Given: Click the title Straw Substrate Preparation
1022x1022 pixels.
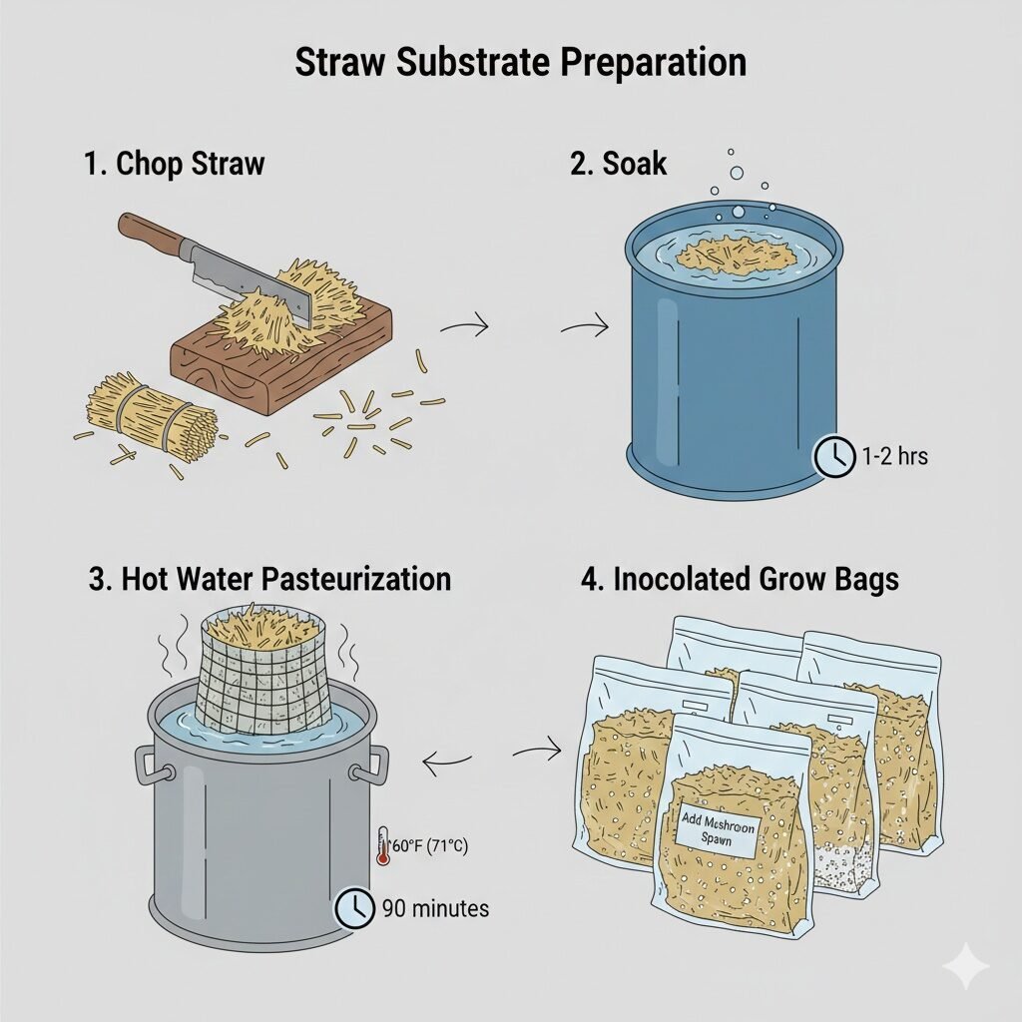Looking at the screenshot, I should point(520,63).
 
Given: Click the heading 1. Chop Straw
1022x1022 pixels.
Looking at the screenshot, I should point(175,164).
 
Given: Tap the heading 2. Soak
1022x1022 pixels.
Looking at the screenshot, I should point(619,164).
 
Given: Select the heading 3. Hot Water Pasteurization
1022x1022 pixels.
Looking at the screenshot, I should point(269,579).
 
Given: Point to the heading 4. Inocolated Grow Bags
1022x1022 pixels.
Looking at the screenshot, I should point(740,579).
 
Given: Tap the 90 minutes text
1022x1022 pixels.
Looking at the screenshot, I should point(435,908).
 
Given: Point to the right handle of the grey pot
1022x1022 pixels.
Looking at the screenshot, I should point(375,764).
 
